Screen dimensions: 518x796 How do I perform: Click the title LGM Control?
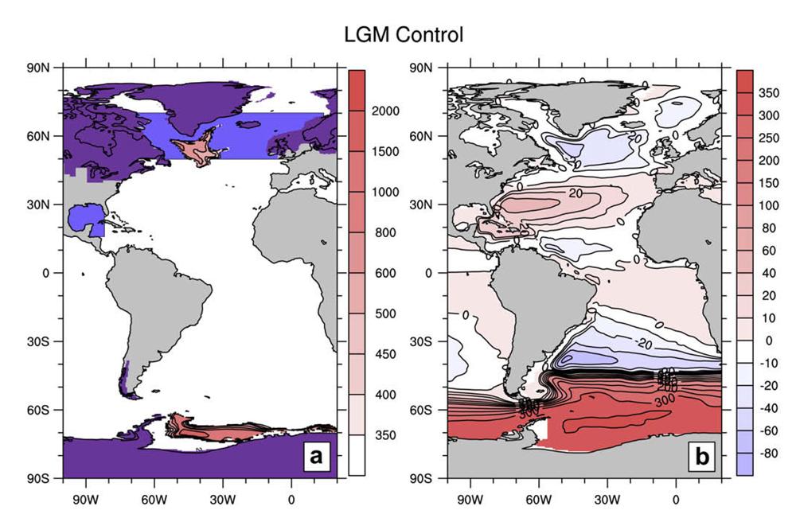tap(403, 36)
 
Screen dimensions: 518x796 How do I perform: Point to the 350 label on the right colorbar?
tap(770, 93)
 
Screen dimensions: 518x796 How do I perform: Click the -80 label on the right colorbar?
tap(770, 455)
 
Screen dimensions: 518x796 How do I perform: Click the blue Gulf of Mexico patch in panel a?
tap(84, 218)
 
